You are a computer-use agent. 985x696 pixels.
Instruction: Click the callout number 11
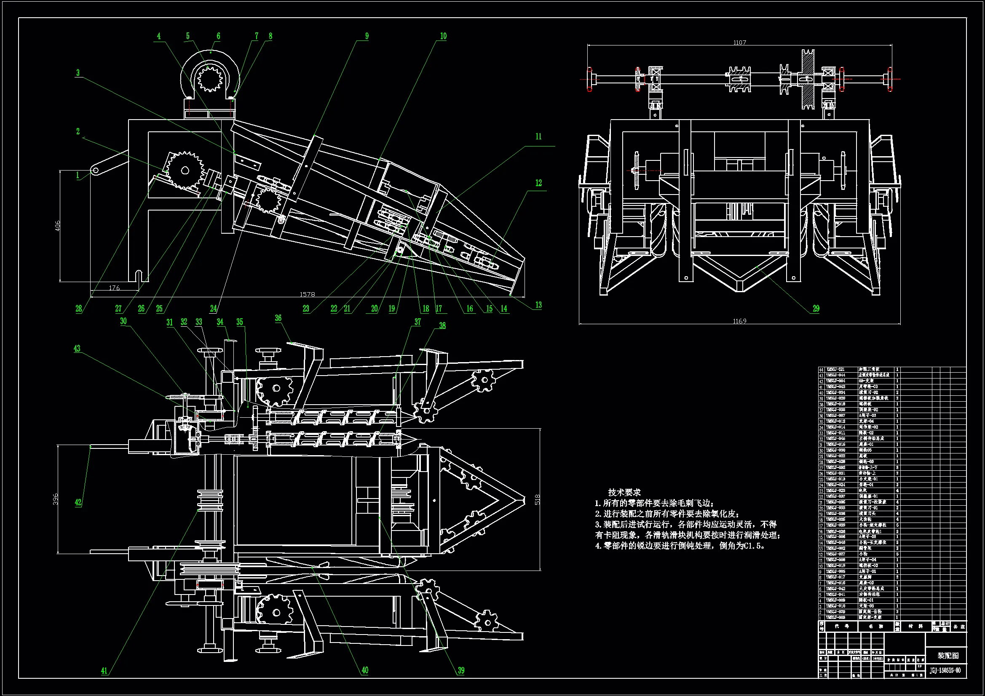538,137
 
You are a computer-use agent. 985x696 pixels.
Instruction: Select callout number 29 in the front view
816,308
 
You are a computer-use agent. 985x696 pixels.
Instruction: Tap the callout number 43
77,349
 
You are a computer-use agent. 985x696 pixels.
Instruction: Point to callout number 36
278,318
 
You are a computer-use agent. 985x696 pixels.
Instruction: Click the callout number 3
78,73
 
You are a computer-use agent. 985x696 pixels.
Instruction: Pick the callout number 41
104,671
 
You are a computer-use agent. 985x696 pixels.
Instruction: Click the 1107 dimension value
740,43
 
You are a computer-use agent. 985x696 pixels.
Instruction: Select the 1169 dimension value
740,321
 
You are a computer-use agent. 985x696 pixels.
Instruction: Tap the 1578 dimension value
307,294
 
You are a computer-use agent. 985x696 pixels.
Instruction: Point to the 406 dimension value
57,226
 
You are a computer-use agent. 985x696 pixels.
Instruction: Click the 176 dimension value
114,288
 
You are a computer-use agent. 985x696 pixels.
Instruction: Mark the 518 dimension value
538,500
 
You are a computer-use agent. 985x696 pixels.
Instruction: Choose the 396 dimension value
55,499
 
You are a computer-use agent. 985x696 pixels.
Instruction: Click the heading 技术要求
624,492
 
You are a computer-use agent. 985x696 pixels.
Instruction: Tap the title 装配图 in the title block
948,656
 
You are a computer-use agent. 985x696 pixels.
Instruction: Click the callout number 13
538,305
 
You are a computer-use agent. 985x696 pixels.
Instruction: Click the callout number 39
461,671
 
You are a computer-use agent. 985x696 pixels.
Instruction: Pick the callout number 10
443,37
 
